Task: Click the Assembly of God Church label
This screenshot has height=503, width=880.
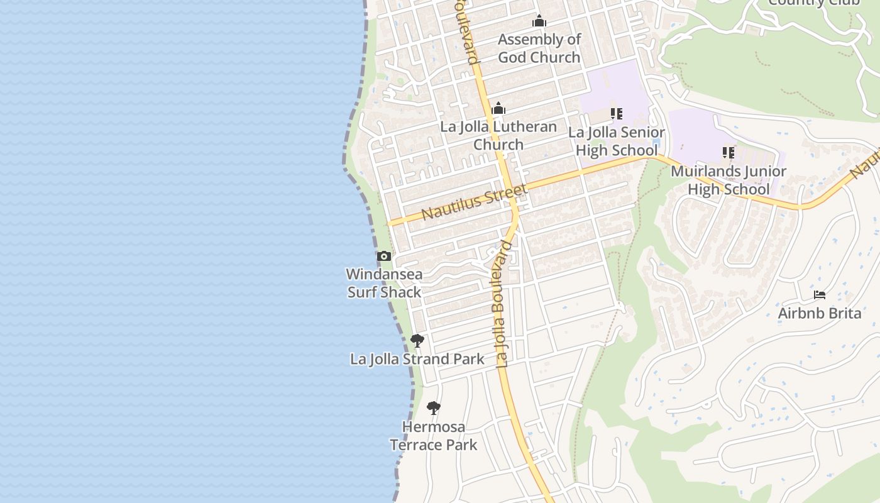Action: tap(539, 48)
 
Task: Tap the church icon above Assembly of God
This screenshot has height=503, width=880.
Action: tap(539, 21)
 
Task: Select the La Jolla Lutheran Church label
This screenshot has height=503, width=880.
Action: tap(498, 135)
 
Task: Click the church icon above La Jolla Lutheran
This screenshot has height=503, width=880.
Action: tap(498, 109)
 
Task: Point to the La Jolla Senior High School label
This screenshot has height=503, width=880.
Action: tap(616, 141)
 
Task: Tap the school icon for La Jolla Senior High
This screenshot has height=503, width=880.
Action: tap(616, 114)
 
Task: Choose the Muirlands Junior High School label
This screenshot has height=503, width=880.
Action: tap(728, 180)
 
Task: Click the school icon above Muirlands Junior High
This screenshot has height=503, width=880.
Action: tap(728, 153)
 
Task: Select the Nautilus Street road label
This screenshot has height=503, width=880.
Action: tap(474, 202)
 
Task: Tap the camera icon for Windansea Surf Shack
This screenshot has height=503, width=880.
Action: tap(384, 257)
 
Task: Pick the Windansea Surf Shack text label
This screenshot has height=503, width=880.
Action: tap(384, 283)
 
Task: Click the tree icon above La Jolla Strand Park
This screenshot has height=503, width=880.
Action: tap(417, 341)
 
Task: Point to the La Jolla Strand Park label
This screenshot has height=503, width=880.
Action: tap(417, 359)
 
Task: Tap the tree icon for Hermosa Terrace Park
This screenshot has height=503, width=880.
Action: tap(433, 408)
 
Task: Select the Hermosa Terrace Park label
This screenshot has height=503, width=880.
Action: tap(433, 436)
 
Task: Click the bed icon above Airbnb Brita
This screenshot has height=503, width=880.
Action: tap(819, 294)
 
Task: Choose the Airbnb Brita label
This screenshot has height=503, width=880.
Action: tap(819, 313)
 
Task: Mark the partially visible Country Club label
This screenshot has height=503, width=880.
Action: tap(813, 3)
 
